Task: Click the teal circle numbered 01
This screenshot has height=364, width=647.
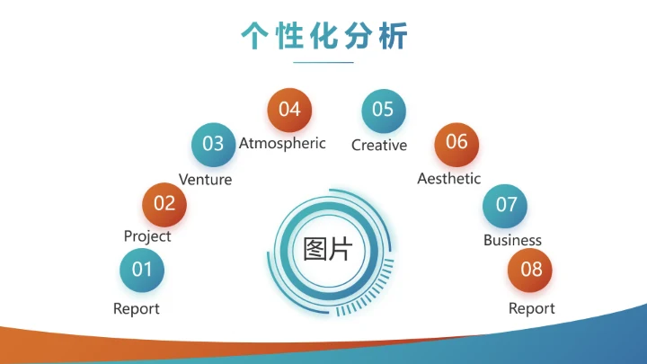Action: click(142, 270)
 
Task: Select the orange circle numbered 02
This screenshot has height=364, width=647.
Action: click(164, 203)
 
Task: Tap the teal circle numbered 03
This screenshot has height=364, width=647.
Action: click(213, 144)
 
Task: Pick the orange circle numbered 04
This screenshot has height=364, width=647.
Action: click(289, 110)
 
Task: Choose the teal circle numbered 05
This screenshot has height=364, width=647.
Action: click(383, 110)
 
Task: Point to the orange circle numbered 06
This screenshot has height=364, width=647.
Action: click(456, 142)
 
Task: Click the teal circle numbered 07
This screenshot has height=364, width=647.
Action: click(507, 205)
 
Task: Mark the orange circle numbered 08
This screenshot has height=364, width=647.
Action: click(531, 270)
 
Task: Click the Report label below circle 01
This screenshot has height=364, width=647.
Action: click(137, 309)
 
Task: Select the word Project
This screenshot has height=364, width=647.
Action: click(147, 236)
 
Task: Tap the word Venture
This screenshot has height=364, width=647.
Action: click(205, 180)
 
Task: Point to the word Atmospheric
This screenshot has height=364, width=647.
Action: click(282, 144)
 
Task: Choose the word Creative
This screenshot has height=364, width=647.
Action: click(379, 146)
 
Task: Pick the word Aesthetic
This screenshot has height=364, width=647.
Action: click(449, 179)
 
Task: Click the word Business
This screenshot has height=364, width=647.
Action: click(512, 240)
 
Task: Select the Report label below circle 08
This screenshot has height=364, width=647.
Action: click(532, 309)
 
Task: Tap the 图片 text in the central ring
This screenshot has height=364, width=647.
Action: click(327, 249)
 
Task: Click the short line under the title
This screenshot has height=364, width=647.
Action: click(323, 62)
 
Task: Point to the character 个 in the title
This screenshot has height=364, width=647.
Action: click(254, 35)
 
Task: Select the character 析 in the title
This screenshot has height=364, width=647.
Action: click(394, 35)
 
